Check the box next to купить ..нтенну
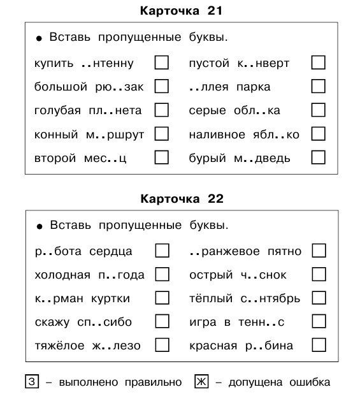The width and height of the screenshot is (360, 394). coord(162,62)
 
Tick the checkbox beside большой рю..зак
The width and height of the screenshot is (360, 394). coord(162,86)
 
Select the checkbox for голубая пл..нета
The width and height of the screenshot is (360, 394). coord(162,110)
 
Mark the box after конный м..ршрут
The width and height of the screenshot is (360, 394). coord(162,134)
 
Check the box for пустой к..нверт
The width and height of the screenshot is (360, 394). coord(318,62)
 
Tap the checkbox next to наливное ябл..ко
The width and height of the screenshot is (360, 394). coord(318,134)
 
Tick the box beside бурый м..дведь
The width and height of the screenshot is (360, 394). coord(318,157)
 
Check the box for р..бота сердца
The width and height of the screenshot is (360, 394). coord(162,251)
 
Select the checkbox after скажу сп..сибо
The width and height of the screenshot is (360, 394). coord(162,321)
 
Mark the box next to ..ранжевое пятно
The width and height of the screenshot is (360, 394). coord(318,251)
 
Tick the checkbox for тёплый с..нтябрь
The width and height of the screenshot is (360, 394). coord(318,298)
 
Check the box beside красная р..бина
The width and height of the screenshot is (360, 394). coord(318,345)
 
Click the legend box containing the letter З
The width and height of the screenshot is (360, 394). coord(31,382)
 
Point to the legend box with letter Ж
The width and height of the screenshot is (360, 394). coord(201,382)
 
